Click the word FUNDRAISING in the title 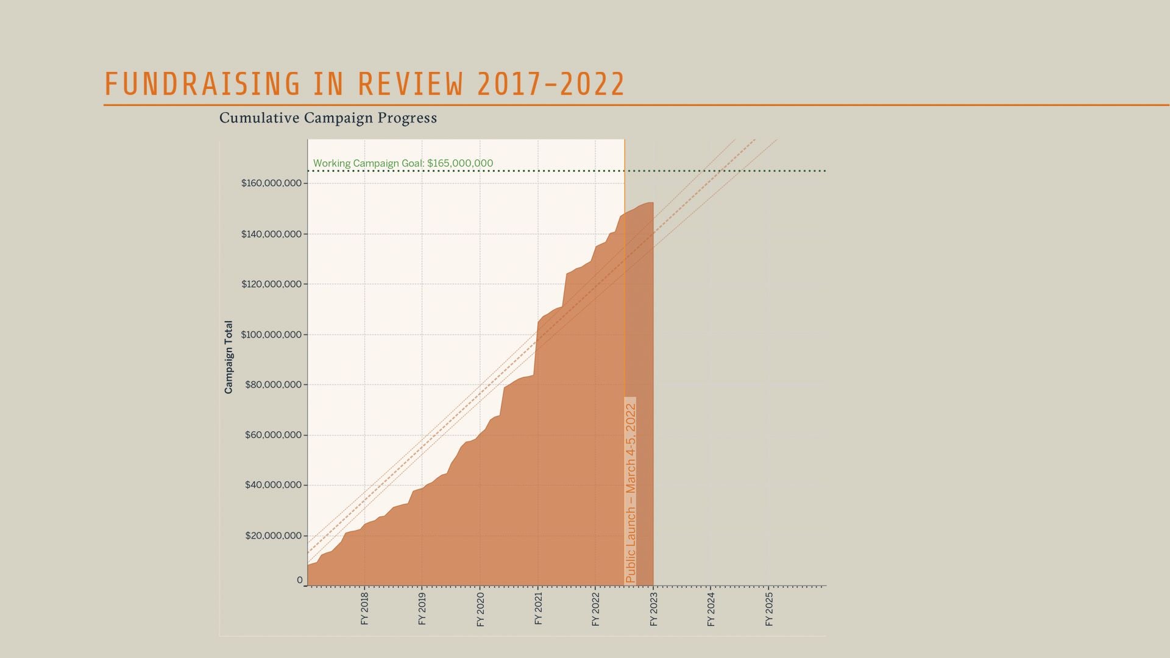pos(202,84)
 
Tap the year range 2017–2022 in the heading pos(551,84)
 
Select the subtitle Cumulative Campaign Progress pos(328,118)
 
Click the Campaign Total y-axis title pos(229,357)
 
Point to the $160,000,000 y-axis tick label pos(271,183)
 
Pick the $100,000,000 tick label pos(271,334)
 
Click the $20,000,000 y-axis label pos(273,536)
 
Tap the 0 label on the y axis pos(300,580)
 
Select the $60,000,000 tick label pos(273,435)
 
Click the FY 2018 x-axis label pos(364,609)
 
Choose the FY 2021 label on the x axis pos(538,609)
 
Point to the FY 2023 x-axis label pos(653,609)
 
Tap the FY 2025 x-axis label pos(769,609)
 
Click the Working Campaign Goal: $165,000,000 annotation pos(403,163)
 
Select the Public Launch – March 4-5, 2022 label pos(631,492)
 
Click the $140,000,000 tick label pos(271,234)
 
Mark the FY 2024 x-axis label pos(711,609)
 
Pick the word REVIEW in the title pos(410,84)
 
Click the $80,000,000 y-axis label pos(273,384)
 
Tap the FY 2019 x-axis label pos(422,609)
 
